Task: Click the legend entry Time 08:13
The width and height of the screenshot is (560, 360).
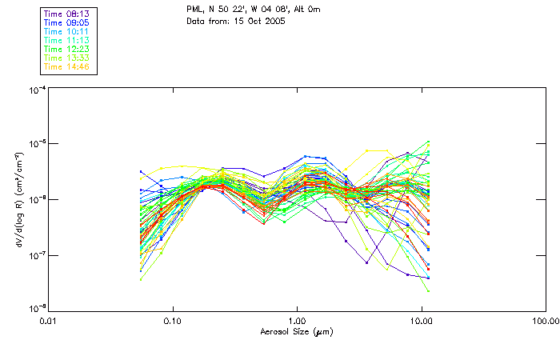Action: [66, 14]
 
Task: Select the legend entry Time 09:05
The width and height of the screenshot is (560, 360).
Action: [66, 22]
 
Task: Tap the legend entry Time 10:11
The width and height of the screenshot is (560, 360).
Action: [66, 31]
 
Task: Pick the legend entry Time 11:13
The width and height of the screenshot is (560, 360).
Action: [66, 40]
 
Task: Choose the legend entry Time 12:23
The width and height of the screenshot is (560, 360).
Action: [66, 49]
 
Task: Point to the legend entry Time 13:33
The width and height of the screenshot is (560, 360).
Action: [66, 58]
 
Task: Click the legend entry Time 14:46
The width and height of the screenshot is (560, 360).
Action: [66, 66]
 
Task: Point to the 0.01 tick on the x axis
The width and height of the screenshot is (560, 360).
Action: [49, 321]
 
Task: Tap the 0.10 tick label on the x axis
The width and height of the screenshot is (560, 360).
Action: [173, 321]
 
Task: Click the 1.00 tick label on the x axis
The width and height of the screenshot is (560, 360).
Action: [298, 321]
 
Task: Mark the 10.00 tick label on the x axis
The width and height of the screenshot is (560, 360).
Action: [422, 321]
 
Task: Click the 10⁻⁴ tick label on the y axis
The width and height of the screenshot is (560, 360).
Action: [34, 90]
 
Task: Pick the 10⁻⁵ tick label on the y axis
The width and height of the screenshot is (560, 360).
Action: [34, 145]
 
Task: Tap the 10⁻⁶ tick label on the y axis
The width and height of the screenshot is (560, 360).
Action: [34, 200]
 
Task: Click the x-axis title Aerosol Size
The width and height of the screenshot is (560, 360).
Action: [297, 331]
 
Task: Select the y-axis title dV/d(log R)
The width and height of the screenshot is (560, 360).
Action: [17, 199]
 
